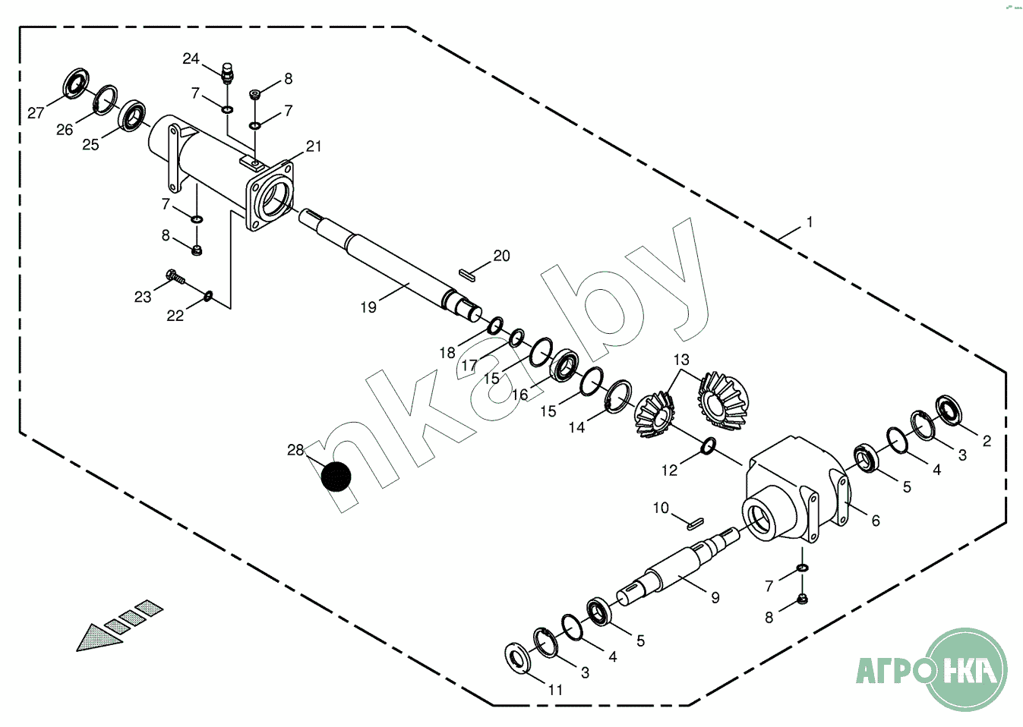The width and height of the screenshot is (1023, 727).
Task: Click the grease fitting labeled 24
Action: tap(227, 73)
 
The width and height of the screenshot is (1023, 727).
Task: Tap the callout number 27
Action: tap(36, 113)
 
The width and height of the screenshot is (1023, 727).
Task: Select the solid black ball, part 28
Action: tap(336, 477)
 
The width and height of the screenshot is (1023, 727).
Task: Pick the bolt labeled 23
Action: tap(176, 276)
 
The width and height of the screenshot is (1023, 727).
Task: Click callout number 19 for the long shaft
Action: tap(368, 307)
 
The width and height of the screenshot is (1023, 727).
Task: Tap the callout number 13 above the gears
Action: tap(681, 360)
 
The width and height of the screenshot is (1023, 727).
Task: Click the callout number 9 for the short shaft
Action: tap(715, 597)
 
